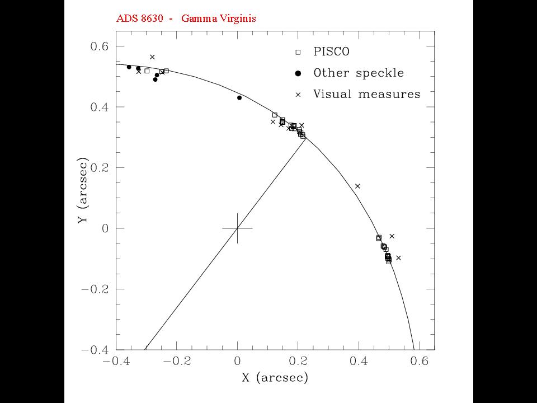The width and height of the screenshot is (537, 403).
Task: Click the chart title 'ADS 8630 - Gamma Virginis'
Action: (185, 18)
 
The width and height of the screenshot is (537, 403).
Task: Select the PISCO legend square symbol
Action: (298, 52)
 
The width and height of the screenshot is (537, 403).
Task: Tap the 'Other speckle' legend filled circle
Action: (298, 73)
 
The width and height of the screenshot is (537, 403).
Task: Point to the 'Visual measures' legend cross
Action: (298, 95)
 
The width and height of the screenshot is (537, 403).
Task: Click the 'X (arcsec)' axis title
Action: (275, 378)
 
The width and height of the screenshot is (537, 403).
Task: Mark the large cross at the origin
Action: (238, 228)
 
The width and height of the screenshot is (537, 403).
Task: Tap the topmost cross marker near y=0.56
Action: (152, 57)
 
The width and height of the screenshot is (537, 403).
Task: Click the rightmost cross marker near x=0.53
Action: (398, 257)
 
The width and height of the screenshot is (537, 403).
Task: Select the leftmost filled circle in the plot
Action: (129, 67)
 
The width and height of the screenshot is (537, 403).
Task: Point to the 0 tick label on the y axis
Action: (104, 228)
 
